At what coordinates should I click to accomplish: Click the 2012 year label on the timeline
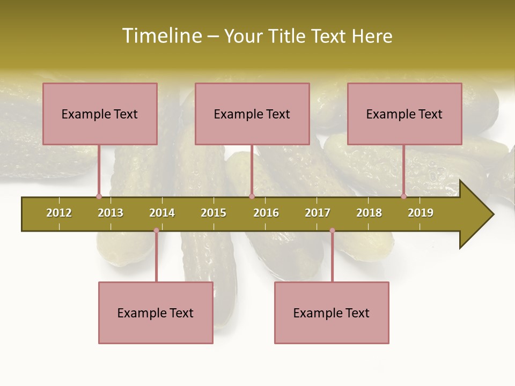tap(59, 213)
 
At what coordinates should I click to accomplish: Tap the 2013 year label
tap(111, 213)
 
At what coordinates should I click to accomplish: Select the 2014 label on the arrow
tap(162, 213)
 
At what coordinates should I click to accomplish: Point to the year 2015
tap(214, 213)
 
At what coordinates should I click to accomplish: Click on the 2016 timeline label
tap(266, 213)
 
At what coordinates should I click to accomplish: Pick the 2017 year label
tap(318, 213)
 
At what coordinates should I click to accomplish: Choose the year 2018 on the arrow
tap(369, 213)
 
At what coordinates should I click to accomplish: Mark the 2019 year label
tap(421, 213)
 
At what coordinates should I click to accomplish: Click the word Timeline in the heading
tap(161, 36)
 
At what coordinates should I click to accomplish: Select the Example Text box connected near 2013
tap(100, 114)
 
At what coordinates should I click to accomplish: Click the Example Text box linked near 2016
tap(252, 114)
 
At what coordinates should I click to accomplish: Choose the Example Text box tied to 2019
tap(404, 114)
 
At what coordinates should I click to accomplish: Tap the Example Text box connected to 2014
tap(156, 313)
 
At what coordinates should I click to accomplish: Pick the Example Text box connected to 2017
tap(332, 313)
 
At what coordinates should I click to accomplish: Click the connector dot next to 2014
tap(156, 231)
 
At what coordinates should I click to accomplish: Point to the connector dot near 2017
tap(332, 231)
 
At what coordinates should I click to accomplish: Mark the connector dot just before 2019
tap(403, 197)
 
